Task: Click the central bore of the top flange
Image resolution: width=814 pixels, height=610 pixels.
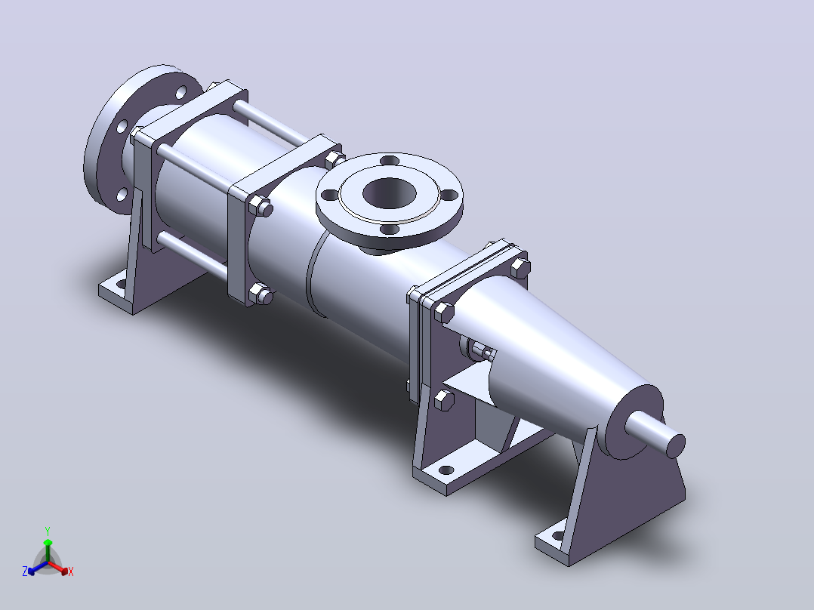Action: [x=389, y=193]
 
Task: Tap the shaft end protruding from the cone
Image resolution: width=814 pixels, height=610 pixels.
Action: [x=655, y=433]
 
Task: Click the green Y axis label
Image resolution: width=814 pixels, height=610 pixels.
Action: [x=48, y=531]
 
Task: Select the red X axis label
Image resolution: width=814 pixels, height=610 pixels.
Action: [x=71, y=571]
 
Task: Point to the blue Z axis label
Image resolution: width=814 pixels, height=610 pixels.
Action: [x=25, y=571]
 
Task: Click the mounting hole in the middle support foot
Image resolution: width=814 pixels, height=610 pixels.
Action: [x=446, y=470]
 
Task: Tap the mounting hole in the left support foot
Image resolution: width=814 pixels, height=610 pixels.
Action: [x=121, y=284]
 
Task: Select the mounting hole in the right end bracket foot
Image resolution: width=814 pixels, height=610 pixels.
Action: [x=558, y=536]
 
